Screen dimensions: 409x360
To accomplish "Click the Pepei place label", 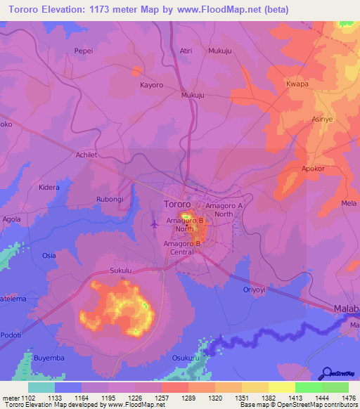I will pos(84,51).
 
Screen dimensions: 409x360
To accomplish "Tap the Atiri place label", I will pos(186,51).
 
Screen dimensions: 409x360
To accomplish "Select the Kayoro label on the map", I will pos(151,85).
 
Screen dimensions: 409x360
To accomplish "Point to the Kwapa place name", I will pos(297,84).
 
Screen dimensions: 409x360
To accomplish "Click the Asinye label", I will pos(323,119).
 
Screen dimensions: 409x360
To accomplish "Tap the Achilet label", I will pos(88,156).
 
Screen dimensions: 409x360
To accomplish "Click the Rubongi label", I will pos(110,198).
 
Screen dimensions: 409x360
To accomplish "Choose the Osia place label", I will pos(49,255).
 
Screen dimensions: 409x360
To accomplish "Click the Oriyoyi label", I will pos(256,289).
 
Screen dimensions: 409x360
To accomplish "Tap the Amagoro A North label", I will pos(224,209).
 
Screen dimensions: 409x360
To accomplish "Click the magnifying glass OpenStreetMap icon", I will pos(327,373).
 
